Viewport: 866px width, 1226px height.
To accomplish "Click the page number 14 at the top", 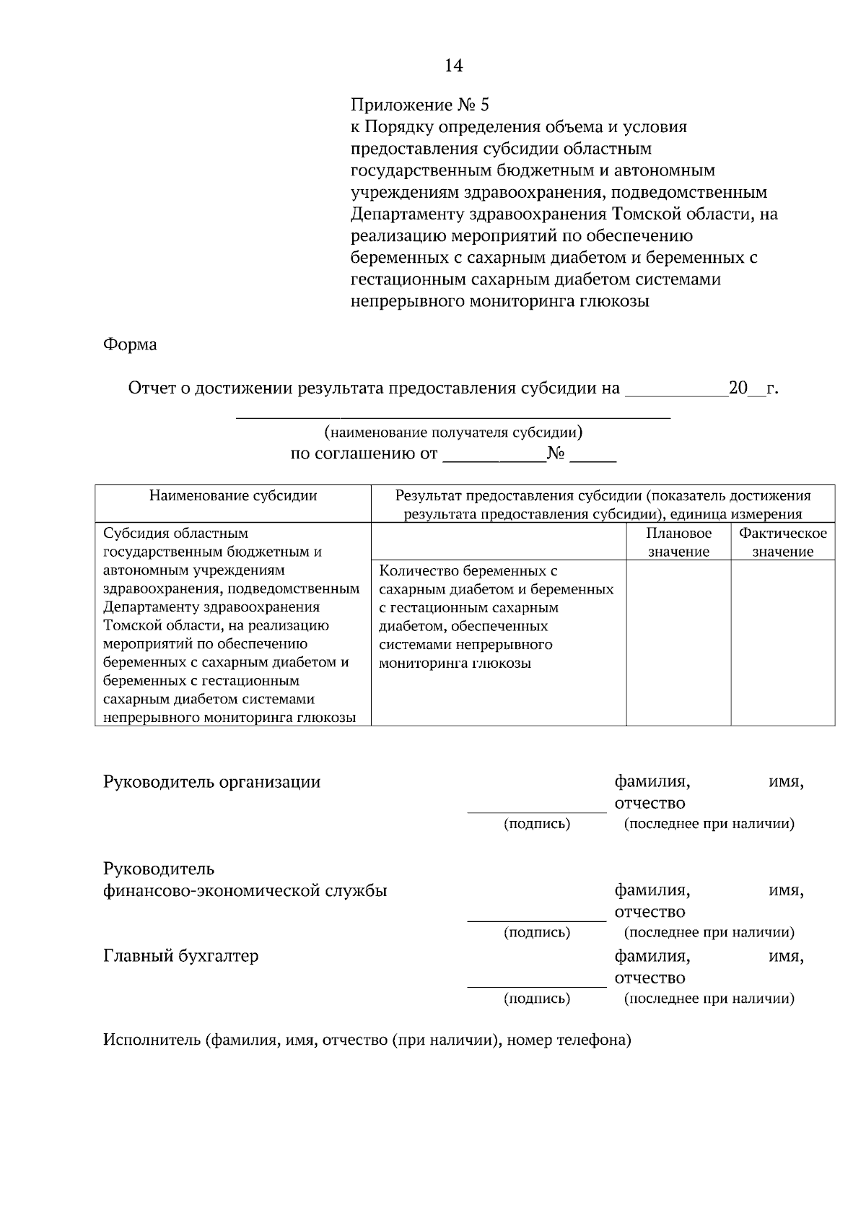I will tap(453, 66).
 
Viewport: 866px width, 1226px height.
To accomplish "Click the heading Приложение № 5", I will tap(419, 105).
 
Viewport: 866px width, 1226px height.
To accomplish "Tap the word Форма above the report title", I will tap(130, 344).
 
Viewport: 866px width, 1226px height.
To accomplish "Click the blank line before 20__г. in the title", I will tap(676, 394).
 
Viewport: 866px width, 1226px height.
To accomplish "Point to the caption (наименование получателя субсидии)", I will tap(453, 432).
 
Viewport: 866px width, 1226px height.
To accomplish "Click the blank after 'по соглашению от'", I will tap(494, 459).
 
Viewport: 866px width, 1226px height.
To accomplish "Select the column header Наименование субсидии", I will tap(233, 495).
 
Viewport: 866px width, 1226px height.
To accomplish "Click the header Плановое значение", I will tap(678, 542).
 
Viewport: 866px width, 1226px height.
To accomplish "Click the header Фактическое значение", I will tap(783, 542).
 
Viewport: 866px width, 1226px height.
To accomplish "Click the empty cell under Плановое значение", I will tap(678, 643).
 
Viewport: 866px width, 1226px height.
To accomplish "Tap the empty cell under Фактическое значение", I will tap(783, 643).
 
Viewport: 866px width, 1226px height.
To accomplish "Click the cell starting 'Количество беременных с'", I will tap(497, 617).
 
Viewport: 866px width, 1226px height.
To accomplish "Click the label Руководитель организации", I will tap(211, 782).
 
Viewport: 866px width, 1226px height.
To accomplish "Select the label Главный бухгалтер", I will tap(180, 956).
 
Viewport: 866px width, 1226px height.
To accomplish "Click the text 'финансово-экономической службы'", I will tap(245, 890).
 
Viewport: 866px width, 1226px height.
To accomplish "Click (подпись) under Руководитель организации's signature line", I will tap(537, 824).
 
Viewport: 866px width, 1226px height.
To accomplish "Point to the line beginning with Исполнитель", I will tap(367, 1040).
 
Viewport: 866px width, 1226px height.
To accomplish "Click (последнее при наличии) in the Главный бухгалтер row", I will tap(709, 999).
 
